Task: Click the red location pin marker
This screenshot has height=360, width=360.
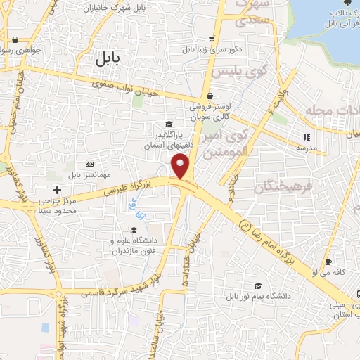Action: pos(181,167)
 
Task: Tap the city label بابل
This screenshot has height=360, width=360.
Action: pos(108,60)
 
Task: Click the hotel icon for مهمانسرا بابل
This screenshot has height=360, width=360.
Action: pos(89,163)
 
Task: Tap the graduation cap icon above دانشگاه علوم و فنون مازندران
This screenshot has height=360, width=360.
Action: pos(133,230)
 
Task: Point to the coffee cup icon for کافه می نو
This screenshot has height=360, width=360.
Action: pos(328,263)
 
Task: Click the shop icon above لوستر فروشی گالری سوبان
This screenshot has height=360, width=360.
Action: pos(209,97)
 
